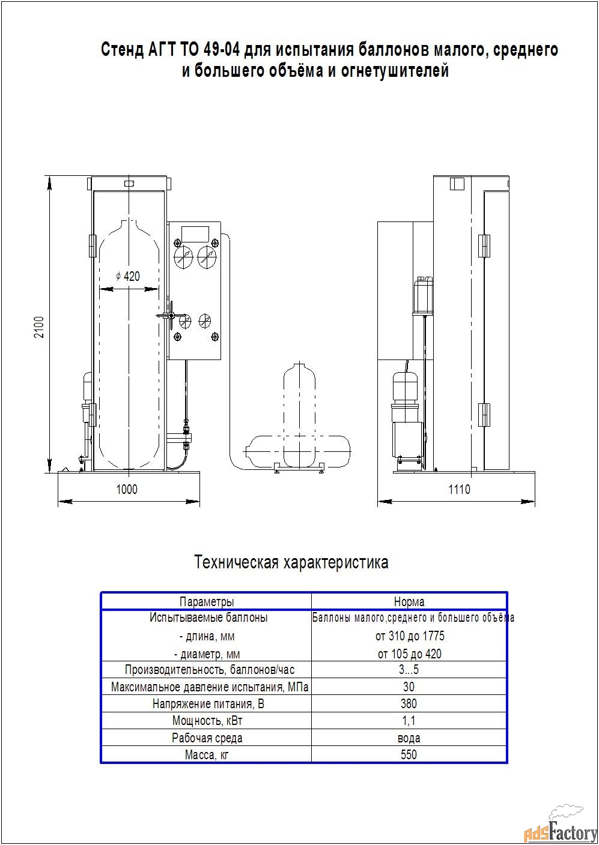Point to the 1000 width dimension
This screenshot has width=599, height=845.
[127, 489]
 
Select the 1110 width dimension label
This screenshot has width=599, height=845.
[460, 489]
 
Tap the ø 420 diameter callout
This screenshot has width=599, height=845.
[128, 276]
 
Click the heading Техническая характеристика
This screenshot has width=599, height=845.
[291, 562]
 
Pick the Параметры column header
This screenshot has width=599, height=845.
[207, 601]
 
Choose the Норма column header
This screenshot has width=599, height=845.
[409, 601]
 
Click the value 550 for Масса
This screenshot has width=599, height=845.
[409, 754]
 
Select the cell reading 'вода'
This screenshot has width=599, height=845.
[409, 738]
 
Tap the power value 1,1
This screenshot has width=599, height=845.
[409, 721]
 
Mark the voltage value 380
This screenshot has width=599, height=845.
[409, 704]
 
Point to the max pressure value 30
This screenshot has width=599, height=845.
[409, 687]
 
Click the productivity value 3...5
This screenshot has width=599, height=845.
[409, 670]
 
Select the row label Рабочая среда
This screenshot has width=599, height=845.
[207, 738]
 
